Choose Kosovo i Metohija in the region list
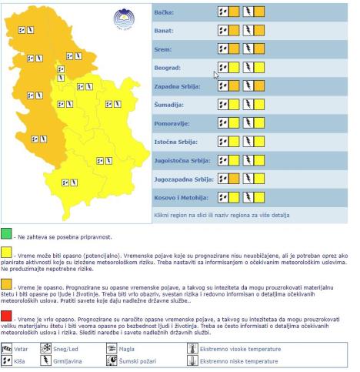[x=182, y=197]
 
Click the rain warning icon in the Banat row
[x=223, y=31]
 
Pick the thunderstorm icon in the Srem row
[x=248, y=49]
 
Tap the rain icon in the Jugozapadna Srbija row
[x=223, y=179]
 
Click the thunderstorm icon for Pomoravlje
[x=248, y=123]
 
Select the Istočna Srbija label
[x=176, y=142]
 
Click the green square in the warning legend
[x=6, y=233]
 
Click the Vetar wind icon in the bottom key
[x=8, y=347]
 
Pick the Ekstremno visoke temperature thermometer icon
[x=192, y=347]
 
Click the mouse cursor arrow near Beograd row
[x=216, y=75]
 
